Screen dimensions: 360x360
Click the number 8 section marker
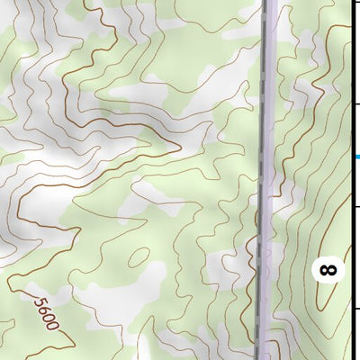[328, 268]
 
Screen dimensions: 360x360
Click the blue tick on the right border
[356, 157]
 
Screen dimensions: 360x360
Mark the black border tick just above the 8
[355, 207]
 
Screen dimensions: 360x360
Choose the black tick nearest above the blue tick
[355, 105]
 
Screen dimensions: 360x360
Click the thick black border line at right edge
[351, 54]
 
